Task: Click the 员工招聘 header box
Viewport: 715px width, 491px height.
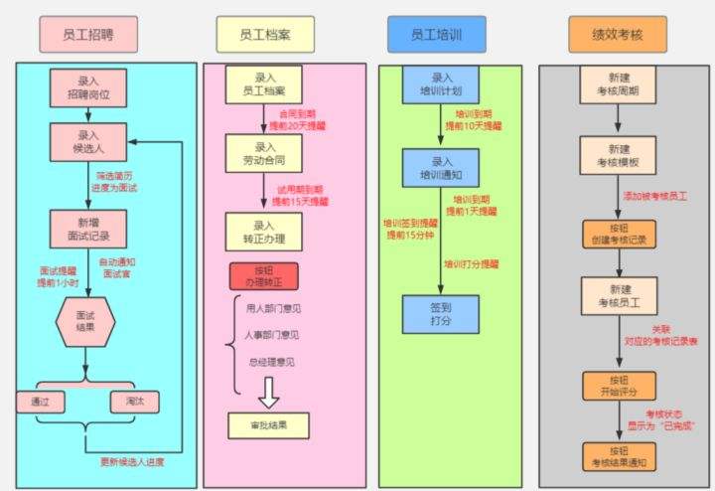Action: point(88,35)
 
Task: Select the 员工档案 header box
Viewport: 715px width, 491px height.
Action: point(265,35)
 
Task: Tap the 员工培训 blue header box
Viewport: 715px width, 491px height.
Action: point(439,35)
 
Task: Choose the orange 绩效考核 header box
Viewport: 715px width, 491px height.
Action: point(618,35)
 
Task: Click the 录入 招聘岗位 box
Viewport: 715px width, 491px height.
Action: point(88,88)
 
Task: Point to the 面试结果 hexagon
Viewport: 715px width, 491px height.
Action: point(88,321)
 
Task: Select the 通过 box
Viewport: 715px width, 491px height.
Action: point(41,402)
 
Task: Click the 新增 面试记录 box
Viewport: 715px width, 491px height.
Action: point(88,229)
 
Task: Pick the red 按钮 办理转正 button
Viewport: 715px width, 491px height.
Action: point(263,276)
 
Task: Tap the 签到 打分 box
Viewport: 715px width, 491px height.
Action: point(441,314)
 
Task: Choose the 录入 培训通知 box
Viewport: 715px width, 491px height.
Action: point(441,168)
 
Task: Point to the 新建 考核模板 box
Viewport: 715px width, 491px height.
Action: point(618,154)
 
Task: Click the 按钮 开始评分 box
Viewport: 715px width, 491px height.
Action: point(618,387)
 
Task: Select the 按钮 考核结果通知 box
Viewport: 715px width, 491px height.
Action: point(618,456)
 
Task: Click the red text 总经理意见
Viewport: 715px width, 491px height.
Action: point(270,362)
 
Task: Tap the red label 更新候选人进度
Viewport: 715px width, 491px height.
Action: point(132,462)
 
